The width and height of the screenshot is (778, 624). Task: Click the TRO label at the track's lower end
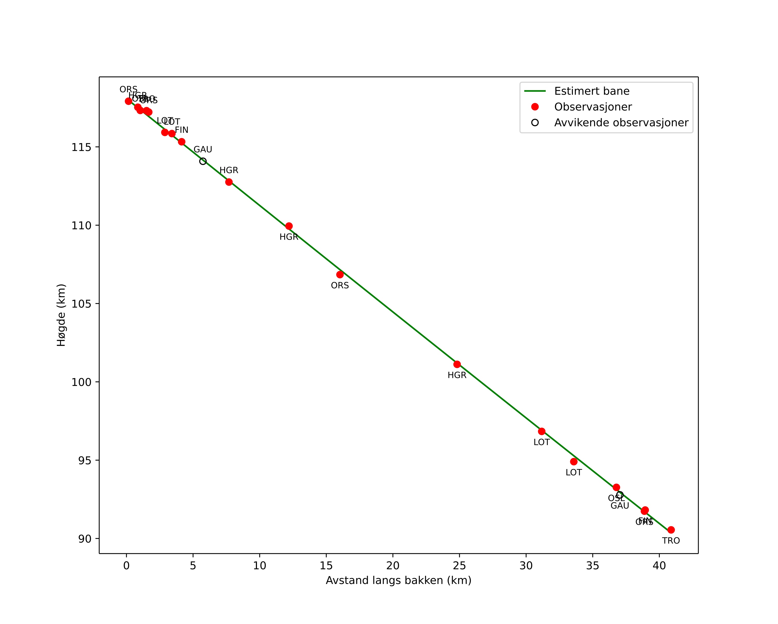671,541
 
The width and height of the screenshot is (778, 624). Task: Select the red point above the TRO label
671,530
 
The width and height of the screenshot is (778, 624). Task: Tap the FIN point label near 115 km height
181,130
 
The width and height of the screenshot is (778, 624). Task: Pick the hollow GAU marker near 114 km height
203,161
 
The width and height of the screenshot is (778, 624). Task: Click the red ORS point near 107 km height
340,275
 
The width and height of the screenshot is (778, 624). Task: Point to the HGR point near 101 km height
457,364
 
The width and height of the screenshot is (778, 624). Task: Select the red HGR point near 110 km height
289,226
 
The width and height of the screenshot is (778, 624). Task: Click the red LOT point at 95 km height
574,461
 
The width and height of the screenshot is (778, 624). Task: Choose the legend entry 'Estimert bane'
592,91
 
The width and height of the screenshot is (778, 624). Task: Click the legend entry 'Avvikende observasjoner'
621,123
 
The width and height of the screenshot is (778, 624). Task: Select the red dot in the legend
535,107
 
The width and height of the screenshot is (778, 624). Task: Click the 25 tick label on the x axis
459,566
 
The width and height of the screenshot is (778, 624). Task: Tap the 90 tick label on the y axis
85,539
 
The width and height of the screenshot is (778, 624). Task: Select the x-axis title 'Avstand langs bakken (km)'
398,581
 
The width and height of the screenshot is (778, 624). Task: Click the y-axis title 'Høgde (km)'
61,315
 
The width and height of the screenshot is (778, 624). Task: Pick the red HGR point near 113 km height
229,182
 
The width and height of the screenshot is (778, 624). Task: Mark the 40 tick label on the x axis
659,566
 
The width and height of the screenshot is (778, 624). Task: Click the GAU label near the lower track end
620,506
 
